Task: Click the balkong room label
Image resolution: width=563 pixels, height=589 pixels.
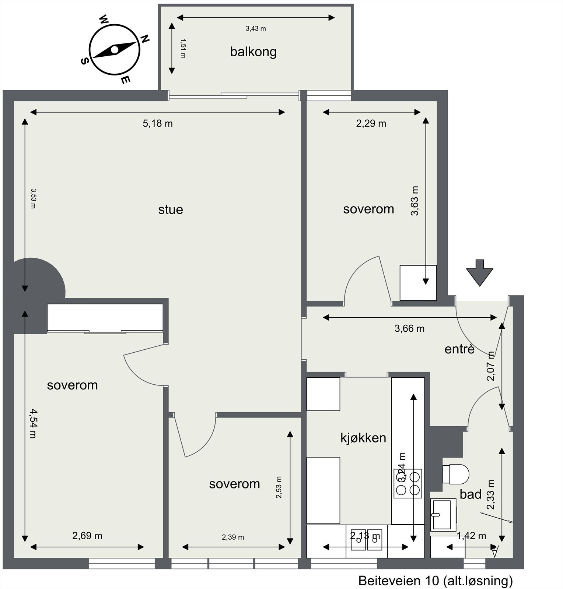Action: (x=253, y=52)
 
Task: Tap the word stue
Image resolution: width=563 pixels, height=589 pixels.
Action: (x=171, y=209)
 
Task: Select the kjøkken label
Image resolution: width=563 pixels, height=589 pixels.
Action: (x=363, y=438)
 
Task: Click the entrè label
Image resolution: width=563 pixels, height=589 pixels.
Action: (x=459, y=349)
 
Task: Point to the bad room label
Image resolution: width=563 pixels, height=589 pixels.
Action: (x=471, y=494)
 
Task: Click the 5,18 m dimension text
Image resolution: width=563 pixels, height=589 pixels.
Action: (x=158, y=123)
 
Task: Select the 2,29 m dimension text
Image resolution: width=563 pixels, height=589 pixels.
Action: (x=371, y=123)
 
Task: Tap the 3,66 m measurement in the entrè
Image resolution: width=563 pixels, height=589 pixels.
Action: (x=409, y=328)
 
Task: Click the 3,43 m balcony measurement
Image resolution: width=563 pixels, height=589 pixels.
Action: (x=256, y=29)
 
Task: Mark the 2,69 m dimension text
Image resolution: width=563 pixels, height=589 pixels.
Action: (x=87, y=536)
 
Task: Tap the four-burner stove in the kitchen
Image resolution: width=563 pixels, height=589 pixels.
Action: (x=408, y=483)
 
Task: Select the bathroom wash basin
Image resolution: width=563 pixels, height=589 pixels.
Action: (x=444, y=514)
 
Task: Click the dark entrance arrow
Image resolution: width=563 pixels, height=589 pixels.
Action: (x=479, y=273)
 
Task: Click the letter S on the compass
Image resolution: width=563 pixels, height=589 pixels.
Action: (x=84, y=61)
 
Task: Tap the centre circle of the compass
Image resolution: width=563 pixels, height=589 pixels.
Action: (x=115, y=49)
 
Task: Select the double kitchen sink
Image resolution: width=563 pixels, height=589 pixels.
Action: (x=367, y=540)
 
